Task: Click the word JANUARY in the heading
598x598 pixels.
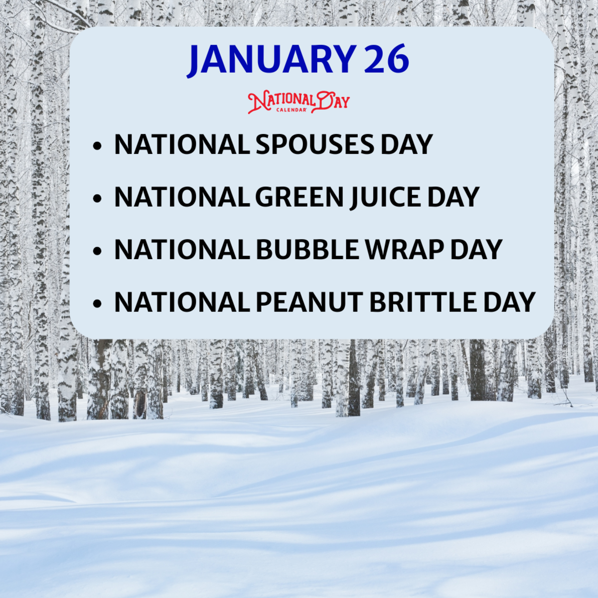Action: click(x=272, y=60)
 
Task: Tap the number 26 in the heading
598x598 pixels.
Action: click(x=386, y=60)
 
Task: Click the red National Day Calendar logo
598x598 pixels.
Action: click(x=299, y=102)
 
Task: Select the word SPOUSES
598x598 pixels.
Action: click(x=314, y=145)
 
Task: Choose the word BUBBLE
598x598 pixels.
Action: click(x=307, y=249)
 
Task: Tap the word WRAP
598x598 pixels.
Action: click(x=404, y=249)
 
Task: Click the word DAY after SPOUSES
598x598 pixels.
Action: click(x=407, y=145)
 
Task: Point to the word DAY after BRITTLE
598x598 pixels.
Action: click(x=509, y=302)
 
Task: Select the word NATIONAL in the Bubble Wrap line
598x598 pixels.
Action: click(x=182, y=249)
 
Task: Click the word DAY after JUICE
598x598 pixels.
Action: click(x=453, y=197)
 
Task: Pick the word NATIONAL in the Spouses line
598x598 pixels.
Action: click(x=182, y=145)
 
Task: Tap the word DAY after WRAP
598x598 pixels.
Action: click(x=476, y=249)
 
